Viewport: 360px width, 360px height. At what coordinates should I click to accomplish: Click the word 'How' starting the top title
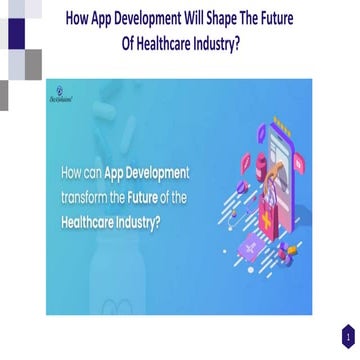point(83,16)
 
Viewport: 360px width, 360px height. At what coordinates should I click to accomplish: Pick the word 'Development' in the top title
point(158,16)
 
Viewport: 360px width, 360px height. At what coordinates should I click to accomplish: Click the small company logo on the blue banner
point(59,92)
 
